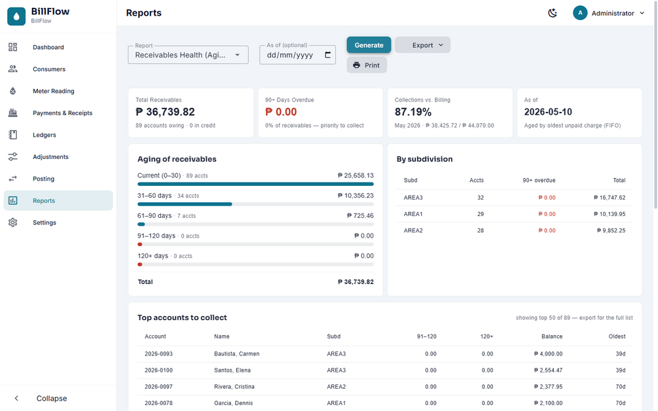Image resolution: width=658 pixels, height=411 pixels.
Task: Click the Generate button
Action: pyautogui.click(x=369, y=45)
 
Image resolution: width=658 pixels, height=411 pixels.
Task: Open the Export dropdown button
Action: pyautogui.click(x=422, y=45)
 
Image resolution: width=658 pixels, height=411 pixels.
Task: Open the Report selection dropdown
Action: pyautogui.click(x=188, y=55)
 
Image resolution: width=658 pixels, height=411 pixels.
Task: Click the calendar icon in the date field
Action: pyautogui.click(x=328, y=55)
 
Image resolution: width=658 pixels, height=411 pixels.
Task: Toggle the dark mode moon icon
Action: pyautogui.click(x=553, y=13)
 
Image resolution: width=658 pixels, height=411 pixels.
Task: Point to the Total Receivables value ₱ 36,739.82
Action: pyautogui.click(x=166, y=112)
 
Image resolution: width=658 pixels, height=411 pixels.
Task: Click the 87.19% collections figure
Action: pyautogui.click(x=413, y=112)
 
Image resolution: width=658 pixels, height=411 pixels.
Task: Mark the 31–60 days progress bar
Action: pyautogui.click(x=255, y=204)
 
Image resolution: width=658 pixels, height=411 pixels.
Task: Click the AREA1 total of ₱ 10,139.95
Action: pyautogui.click(x=610, y=214)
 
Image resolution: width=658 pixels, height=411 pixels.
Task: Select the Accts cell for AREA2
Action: pyautogui.click(x=481, y=230)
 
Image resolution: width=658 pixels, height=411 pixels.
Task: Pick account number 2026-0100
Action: pyautogui.click(x=158, y=370)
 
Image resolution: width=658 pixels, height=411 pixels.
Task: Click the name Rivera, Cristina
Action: pyautogui.click(x=234, y=387)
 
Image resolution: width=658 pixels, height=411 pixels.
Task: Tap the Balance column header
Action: pyautogui.click(x=552, y=336)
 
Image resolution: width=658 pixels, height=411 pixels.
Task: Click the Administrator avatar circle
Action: pyautogui.click(x=580, y=13)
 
